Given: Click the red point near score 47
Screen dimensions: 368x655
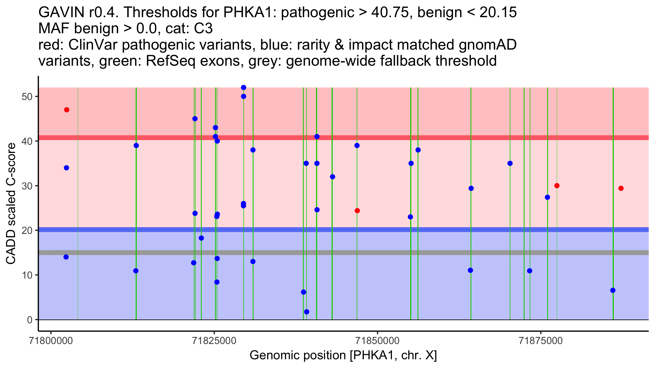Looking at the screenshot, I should tap(67, 110).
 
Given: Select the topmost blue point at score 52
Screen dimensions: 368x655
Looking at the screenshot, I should tap(244, 88).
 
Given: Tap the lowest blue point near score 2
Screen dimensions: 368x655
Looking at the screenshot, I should tap(306, 312).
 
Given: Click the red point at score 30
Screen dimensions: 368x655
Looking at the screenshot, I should tap(557, 186).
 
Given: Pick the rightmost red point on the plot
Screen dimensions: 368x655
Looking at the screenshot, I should tap(621, 188).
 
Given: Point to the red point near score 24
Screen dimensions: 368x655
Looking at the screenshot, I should tap(357, 211).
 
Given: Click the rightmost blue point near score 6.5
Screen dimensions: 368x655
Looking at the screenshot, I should tap(613, 290).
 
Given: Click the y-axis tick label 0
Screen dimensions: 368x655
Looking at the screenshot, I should tap(30, 320).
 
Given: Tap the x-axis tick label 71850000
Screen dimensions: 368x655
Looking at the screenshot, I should tap(377, 341).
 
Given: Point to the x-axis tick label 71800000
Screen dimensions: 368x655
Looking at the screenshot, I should tap(51, 341).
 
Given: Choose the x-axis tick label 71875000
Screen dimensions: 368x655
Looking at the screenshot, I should tap(541, 341).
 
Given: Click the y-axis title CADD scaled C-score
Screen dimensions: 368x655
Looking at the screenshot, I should tap(11, 204).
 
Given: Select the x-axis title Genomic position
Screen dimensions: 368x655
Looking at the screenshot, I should tap(343, 355).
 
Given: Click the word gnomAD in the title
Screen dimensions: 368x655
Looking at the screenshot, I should tap(487, 45).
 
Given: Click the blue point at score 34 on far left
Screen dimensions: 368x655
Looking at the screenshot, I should tap(67, 168).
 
